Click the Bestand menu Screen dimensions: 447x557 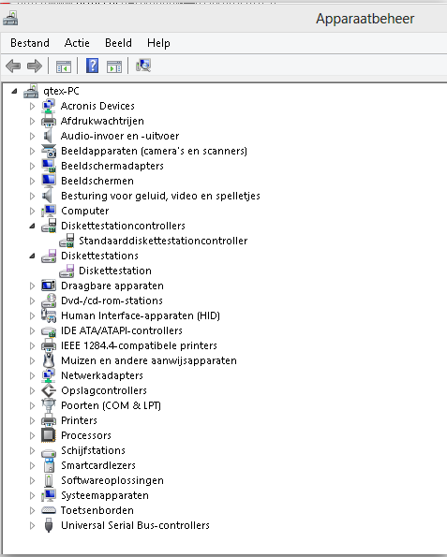pos(30,43)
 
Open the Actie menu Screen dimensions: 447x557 pos(77,43)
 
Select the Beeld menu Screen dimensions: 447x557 pos(118,43)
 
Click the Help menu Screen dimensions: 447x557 pos(158,43)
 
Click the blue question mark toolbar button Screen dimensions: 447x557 pos(92,66)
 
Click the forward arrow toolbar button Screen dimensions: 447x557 pos(35,66)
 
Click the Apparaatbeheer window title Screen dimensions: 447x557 pos(365,19)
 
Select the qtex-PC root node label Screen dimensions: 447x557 pos(61,91)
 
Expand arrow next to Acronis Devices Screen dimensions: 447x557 pos(32,106)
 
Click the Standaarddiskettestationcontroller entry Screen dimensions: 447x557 pos(163,241)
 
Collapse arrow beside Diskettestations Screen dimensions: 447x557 pos(33,256)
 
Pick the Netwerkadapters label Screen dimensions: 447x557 pos(102,375)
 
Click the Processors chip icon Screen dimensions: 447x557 pos(49,435)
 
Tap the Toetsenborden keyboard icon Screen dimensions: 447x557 pos(49,510)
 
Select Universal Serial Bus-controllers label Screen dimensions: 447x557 pos(135,525)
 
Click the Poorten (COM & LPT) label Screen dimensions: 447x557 pos(111,405)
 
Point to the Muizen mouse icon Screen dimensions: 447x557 pos(49,360)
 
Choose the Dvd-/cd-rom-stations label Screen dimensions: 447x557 pos(112,300)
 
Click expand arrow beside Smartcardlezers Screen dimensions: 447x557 pos(32,465)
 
